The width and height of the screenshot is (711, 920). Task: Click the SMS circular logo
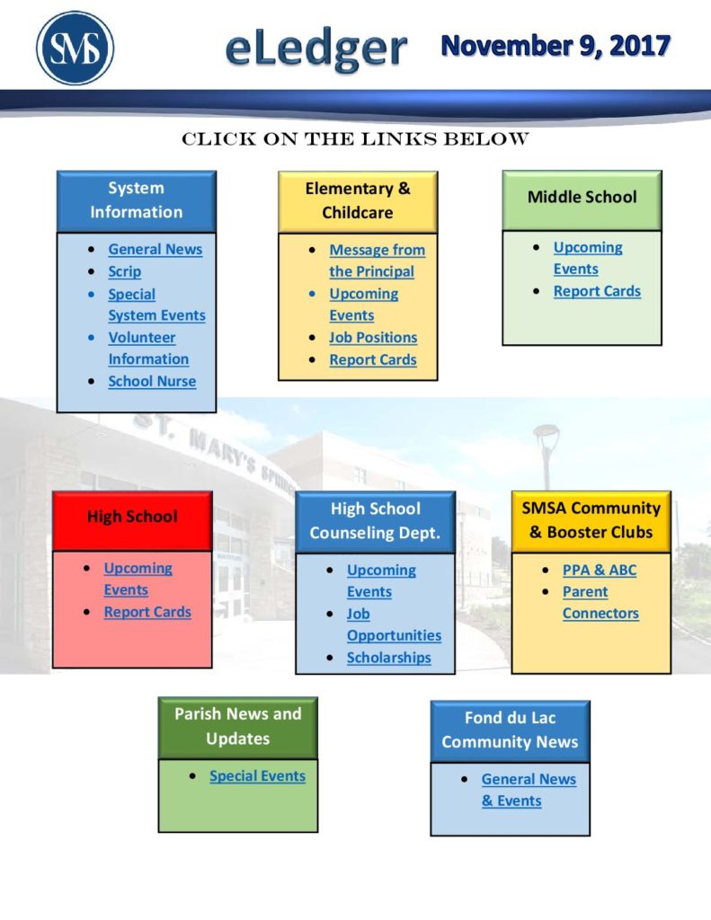pos(76,49)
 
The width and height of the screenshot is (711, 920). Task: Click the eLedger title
pos(316,49)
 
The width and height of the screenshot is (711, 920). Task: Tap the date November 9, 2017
pos(555,46)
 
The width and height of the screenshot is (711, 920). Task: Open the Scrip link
pos(124,271)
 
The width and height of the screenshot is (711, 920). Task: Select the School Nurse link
pos(152,381)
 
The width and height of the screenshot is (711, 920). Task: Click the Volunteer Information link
pos(148,348)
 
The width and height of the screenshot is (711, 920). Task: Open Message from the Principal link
pos(377,261)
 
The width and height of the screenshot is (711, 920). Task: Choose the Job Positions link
pos(373,338)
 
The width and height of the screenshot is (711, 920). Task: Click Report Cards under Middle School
pos(597,292)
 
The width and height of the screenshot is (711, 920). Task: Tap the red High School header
pos(132,520)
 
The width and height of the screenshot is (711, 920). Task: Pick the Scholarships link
pos(388,658)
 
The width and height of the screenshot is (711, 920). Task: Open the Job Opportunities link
pos(394,625)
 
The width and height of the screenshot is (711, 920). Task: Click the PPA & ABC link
pos(600,571)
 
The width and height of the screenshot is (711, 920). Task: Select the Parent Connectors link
pos(600,603)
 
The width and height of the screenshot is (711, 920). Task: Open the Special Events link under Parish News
pos(258,776)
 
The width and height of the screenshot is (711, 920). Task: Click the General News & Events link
pos(529,791)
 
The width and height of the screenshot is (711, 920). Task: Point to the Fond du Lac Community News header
pos(511,731)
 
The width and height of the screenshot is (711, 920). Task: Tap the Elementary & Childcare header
pos(358,201)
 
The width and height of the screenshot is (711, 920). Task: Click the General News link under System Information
pos(155,250)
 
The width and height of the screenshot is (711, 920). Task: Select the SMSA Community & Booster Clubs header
pos(591,521)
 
